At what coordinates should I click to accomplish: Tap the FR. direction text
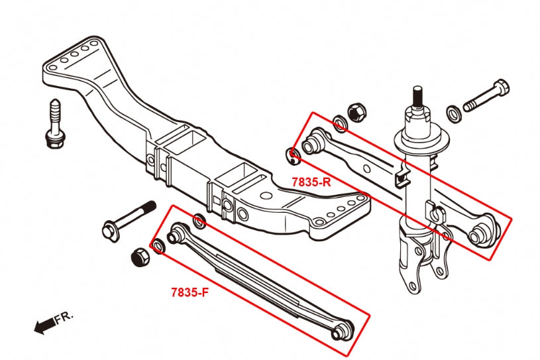tap(64, 318)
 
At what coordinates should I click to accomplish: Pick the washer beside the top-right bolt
tap(454, 113)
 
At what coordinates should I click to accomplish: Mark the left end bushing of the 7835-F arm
tap(176, 234)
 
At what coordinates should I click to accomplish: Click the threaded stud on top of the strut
tap(418, 98)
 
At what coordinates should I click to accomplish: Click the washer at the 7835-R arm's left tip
tap(294, 156)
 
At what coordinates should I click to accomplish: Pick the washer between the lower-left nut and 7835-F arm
tap(158, 248)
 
